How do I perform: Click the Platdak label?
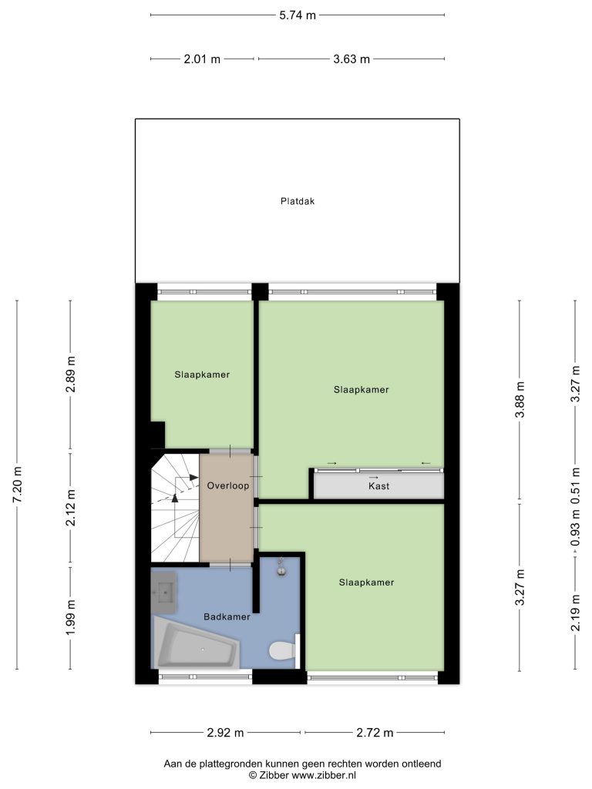coord(298,201)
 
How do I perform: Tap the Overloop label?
coord(228,485)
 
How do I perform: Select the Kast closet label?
coord(378,486)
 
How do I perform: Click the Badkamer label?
coord(227,616)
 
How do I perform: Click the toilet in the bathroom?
coord(282,650)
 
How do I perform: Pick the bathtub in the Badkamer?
coord(197,643)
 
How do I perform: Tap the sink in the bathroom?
coord(163,593)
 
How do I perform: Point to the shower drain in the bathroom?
coord(281,570)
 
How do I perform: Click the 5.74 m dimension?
coord(298,15)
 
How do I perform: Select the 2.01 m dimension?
coord(202,59)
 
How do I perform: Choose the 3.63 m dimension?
coord(351,59)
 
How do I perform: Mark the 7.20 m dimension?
coord(17,485)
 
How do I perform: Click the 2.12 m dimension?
coord(70,508)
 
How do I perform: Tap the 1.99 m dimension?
coord(70,617)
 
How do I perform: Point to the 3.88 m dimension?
coord(520,400)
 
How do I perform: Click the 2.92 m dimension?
coord(225,733)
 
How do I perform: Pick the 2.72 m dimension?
coord(375,733)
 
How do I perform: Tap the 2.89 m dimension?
coord(70,374)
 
